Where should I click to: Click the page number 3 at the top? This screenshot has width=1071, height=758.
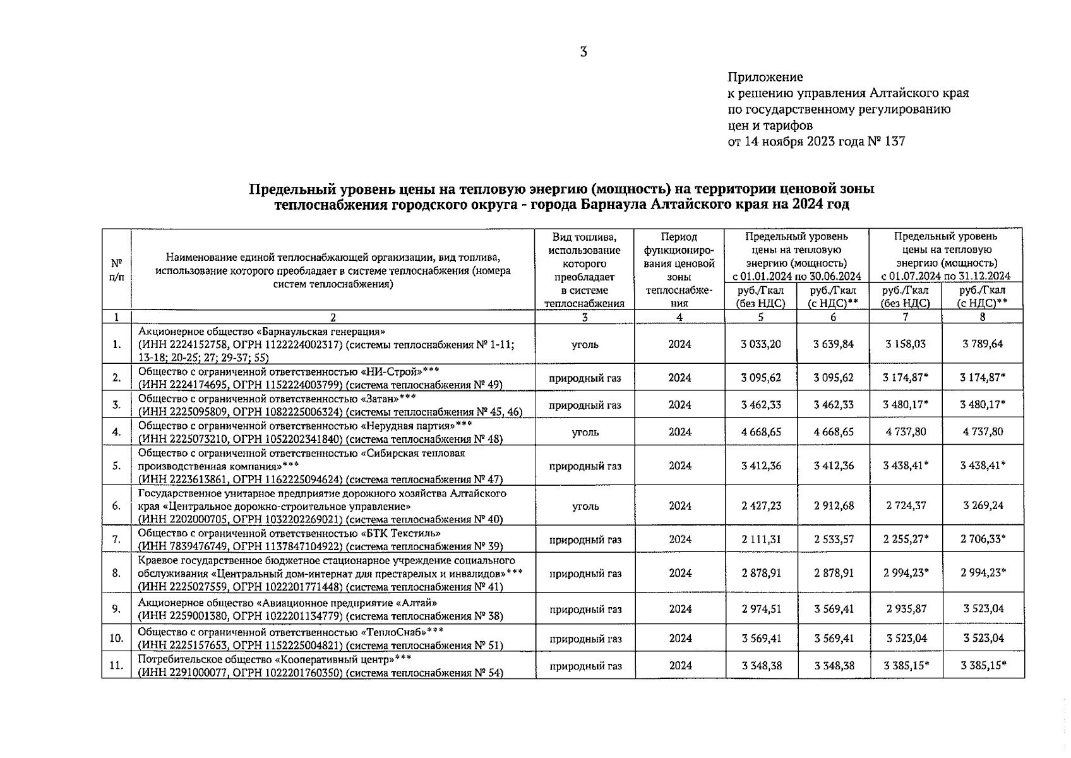pos(583,52)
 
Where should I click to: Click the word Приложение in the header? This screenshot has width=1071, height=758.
pos(765,77)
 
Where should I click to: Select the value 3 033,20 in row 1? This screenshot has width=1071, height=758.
pos(761,344)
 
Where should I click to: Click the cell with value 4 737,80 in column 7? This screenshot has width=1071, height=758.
pos(906,432)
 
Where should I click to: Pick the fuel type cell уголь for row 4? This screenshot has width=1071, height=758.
pos(585,432)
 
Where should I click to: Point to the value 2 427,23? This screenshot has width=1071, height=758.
pos(761,506)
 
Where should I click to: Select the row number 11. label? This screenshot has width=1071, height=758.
pos(116,666)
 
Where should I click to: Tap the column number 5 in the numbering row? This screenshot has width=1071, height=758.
pos(761,317)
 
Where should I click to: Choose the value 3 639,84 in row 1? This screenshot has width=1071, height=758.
pos(833,344)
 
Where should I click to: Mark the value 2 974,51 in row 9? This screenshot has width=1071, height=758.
pos(761,609)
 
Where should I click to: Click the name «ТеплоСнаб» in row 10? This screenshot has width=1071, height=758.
pos(393,632)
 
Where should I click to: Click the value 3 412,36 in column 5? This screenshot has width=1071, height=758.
pos(761,466)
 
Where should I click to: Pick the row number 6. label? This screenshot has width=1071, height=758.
pos(116,506)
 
